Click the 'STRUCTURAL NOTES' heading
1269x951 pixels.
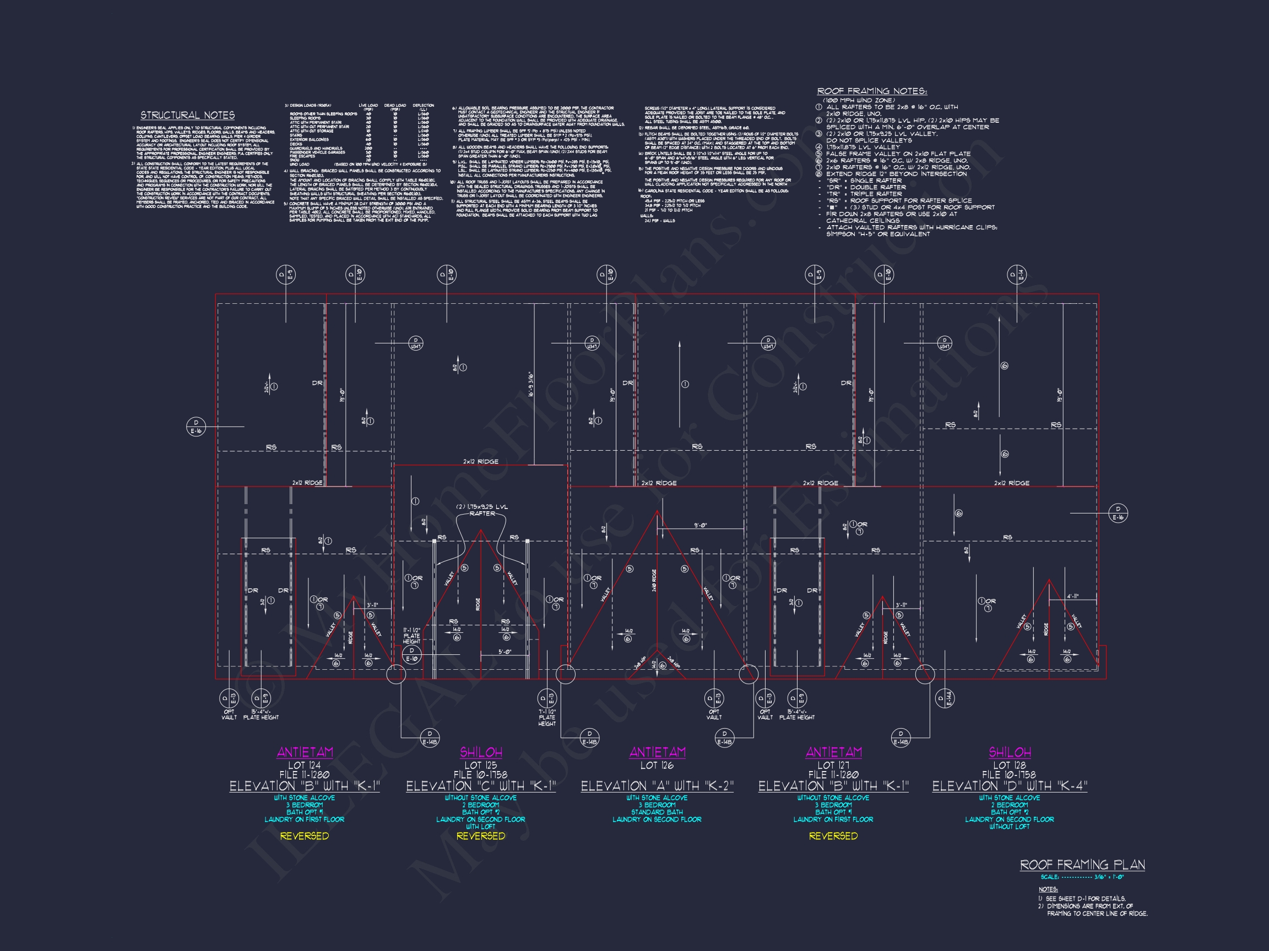(188, 116)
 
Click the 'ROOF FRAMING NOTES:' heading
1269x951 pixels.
(871, 91)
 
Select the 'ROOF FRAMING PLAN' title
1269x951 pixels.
(1082, 865)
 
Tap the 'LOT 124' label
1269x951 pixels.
(304, 766)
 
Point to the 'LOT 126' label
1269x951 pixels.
(657, 766)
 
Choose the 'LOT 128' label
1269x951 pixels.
(1009, 766)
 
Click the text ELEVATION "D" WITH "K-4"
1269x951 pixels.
(1009, 786)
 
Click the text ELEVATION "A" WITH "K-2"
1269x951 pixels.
(657, 786)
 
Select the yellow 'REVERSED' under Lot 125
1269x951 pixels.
(481, 837)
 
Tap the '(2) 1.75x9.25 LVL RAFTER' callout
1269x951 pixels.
(482, 510)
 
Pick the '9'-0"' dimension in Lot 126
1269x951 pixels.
(700, 524)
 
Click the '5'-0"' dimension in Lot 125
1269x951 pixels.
(505, 652)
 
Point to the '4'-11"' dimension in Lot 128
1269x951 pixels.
(1073, 596)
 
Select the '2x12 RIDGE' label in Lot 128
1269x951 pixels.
(1011, 483)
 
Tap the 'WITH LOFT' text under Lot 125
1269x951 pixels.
(481, 827)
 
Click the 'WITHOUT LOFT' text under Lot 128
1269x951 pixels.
(1009, 827)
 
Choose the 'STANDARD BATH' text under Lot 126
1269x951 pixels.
(657, 812)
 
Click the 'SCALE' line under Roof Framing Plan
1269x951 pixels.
(1082, 877)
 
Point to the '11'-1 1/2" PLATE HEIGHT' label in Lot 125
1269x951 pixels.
(411, 635)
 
